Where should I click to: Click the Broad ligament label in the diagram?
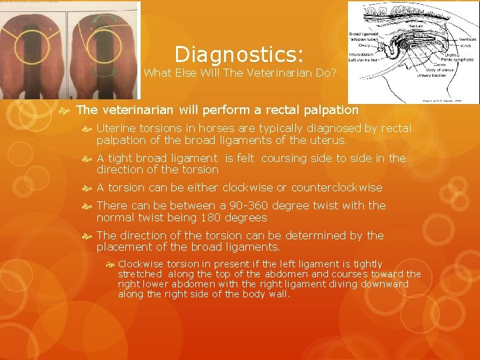(x=363, y=33)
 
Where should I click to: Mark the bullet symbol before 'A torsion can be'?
(x=88, y=187)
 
